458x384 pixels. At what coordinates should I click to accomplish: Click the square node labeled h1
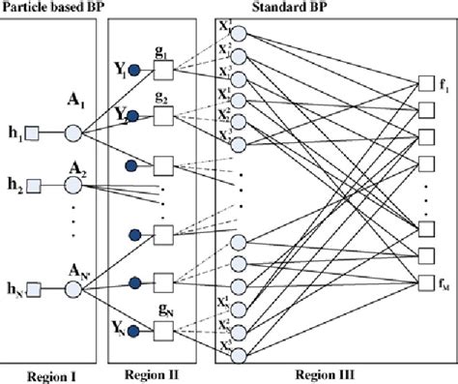[33, 133]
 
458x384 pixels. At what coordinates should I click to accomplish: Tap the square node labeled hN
[33, 286]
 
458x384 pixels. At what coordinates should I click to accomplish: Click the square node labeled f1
[421, 81]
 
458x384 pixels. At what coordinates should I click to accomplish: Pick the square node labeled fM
[421, 281]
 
